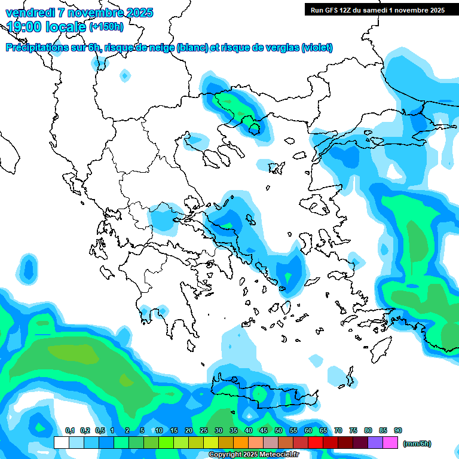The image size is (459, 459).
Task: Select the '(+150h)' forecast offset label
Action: tap(106, 26)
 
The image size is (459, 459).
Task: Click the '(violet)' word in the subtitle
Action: tap(317, 48)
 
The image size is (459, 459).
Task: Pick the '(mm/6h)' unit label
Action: tap(417, 443)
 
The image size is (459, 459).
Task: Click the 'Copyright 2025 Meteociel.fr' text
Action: tap(253, 455)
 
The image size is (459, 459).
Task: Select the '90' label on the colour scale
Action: tap(398, 430)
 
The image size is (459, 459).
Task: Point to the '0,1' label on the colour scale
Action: tap(69, 430)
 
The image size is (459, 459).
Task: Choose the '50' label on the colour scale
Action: tap(279, 430)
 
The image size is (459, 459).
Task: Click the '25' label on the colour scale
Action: tap(204, 430)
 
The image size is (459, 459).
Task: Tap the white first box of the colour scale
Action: tap(62, 442)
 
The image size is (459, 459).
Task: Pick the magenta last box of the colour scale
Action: tap(390, 442)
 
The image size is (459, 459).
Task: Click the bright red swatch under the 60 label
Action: tap(316, 442)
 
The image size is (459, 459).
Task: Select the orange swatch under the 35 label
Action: tap(241, 442)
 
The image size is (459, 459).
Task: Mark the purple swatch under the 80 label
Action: tap(375, 442)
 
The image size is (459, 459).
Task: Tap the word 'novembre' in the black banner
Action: tap(414, 10)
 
